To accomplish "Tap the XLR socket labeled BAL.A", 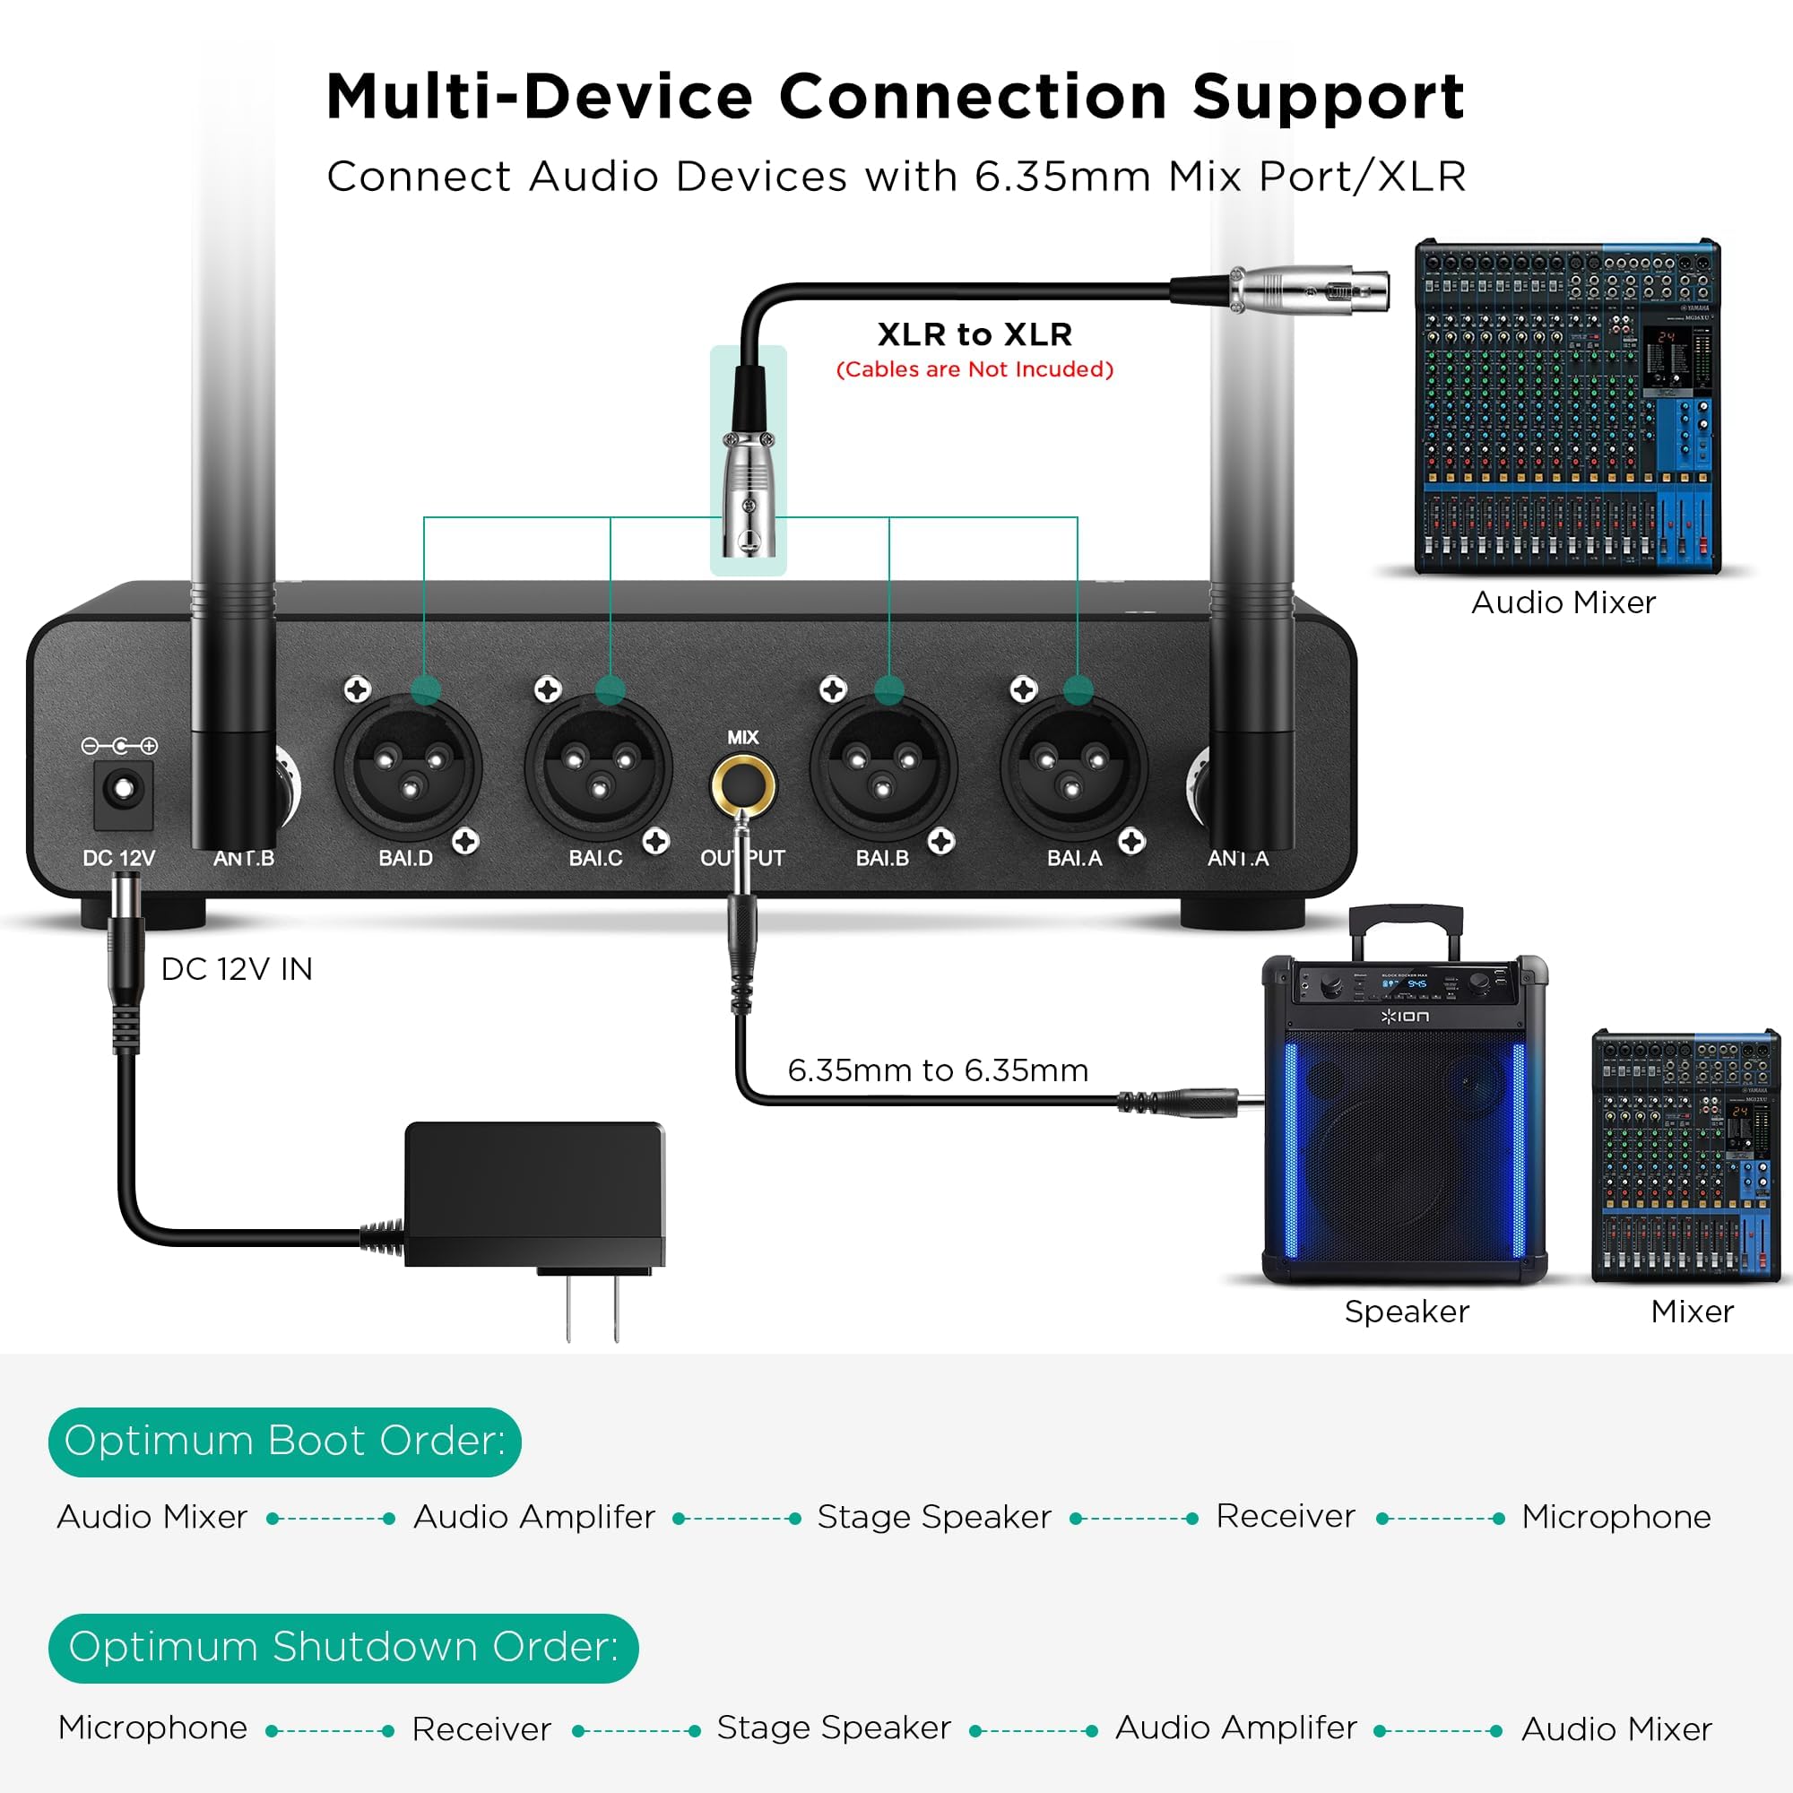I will pos(1074,767).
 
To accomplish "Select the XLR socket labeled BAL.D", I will pos(408,767).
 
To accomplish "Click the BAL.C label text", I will pos(595,859).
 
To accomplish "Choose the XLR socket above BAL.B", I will pos(882,767).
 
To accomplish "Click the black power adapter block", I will pos(534,1194).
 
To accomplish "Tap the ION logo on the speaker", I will pos(1404,1017).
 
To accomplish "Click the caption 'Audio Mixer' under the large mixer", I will pos(1563,603).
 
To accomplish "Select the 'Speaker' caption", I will pos(1406,1312).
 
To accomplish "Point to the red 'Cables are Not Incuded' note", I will pos(974,369).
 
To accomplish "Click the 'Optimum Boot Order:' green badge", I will pos(285,1442).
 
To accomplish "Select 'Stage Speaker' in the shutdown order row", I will pos(834,1728).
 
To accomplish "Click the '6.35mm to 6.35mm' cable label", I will pos(938,1070).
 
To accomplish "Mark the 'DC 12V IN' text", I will pos(237,969).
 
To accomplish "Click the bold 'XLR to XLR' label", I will pos(974,334).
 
